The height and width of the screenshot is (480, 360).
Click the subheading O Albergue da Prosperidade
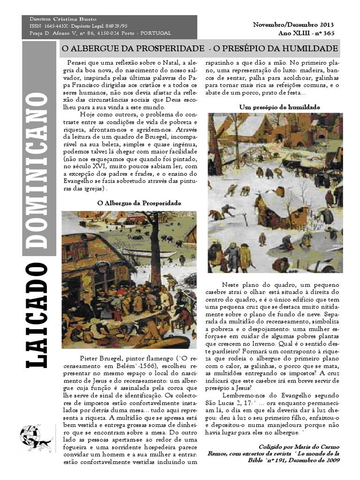[139, 203]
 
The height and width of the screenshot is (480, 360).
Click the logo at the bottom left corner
[36, 439]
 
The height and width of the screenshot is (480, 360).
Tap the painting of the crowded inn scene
[128, 280]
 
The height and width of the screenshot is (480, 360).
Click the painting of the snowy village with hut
[275, 193]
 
